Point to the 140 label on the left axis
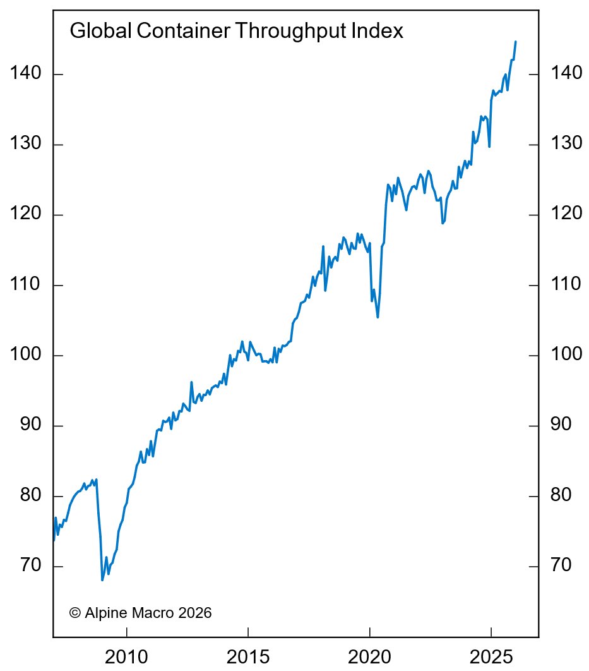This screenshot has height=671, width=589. [26, 74]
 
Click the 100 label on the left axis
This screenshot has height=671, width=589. [26, 355]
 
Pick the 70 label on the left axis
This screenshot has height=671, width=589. [30, 566]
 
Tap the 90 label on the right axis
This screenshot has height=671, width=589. [561, 425]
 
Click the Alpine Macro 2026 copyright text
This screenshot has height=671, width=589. [140, 612]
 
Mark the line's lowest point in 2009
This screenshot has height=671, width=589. [102, 580]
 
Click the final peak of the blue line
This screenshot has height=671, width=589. [516, 42]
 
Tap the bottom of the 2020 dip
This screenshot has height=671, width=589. [378, 317]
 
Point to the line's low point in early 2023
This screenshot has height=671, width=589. [443, 223]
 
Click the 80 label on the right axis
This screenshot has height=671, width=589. [561, 496]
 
